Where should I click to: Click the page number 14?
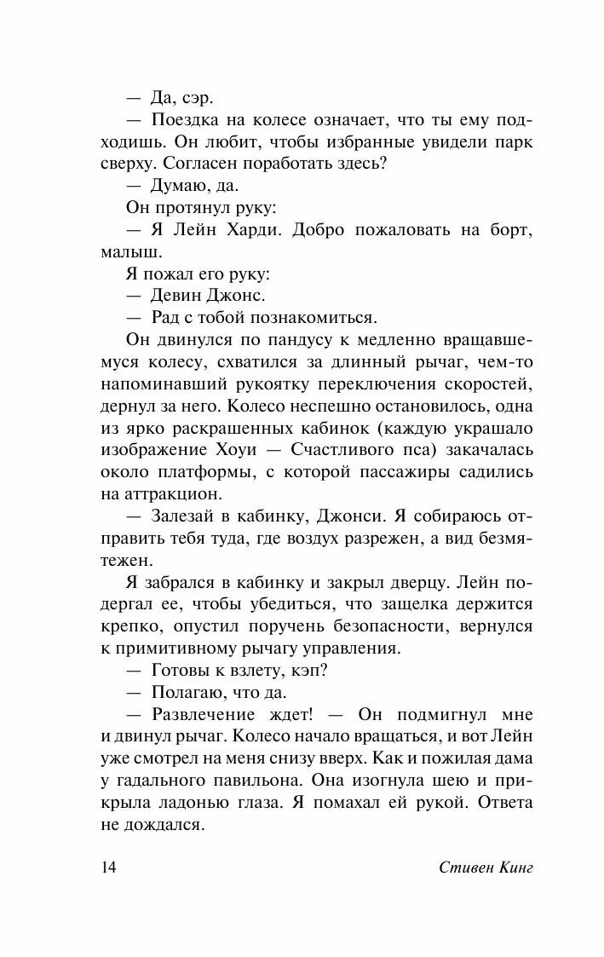click(108, 868)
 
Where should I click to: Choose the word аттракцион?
click(173, 496)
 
